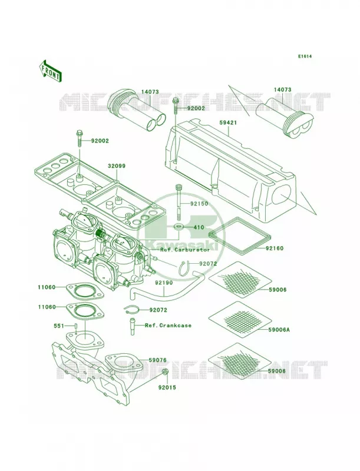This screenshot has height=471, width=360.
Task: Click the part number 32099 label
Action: click(x=117, y=166)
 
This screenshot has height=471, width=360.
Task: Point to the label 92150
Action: click(x=199, y=204)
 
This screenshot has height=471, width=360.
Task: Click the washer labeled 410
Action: click(x=180, y=227)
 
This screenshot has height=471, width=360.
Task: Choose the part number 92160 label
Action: click(x=275, y=248)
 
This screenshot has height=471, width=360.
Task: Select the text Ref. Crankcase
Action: click(x=169, y=326)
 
